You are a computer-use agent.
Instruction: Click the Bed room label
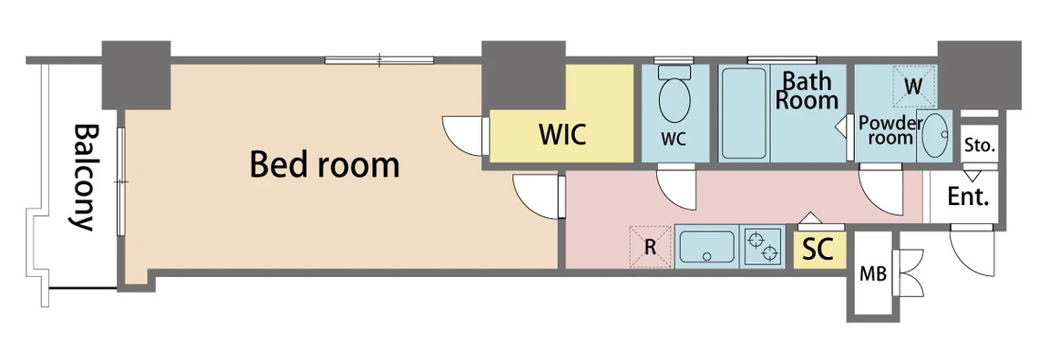324,165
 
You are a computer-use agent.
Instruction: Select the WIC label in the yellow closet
562,135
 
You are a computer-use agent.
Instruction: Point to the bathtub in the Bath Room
744,113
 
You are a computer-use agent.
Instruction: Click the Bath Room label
807,91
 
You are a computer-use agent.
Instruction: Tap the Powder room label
890,130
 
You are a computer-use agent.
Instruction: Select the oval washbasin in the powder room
934,135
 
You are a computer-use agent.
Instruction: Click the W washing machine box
914,86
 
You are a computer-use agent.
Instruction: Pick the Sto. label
980,145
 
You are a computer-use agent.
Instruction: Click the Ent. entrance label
968,196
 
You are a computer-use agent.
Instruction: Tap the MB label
872,273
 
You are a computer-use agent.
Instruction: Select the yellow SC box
819,250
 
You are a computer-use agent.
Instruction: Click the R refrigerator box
651,247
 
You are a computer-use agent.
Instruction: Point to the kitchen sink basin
707,246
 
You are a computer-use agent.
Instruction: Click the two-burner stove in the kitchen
761,246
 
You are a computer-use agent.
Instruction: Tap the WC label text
673,139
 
